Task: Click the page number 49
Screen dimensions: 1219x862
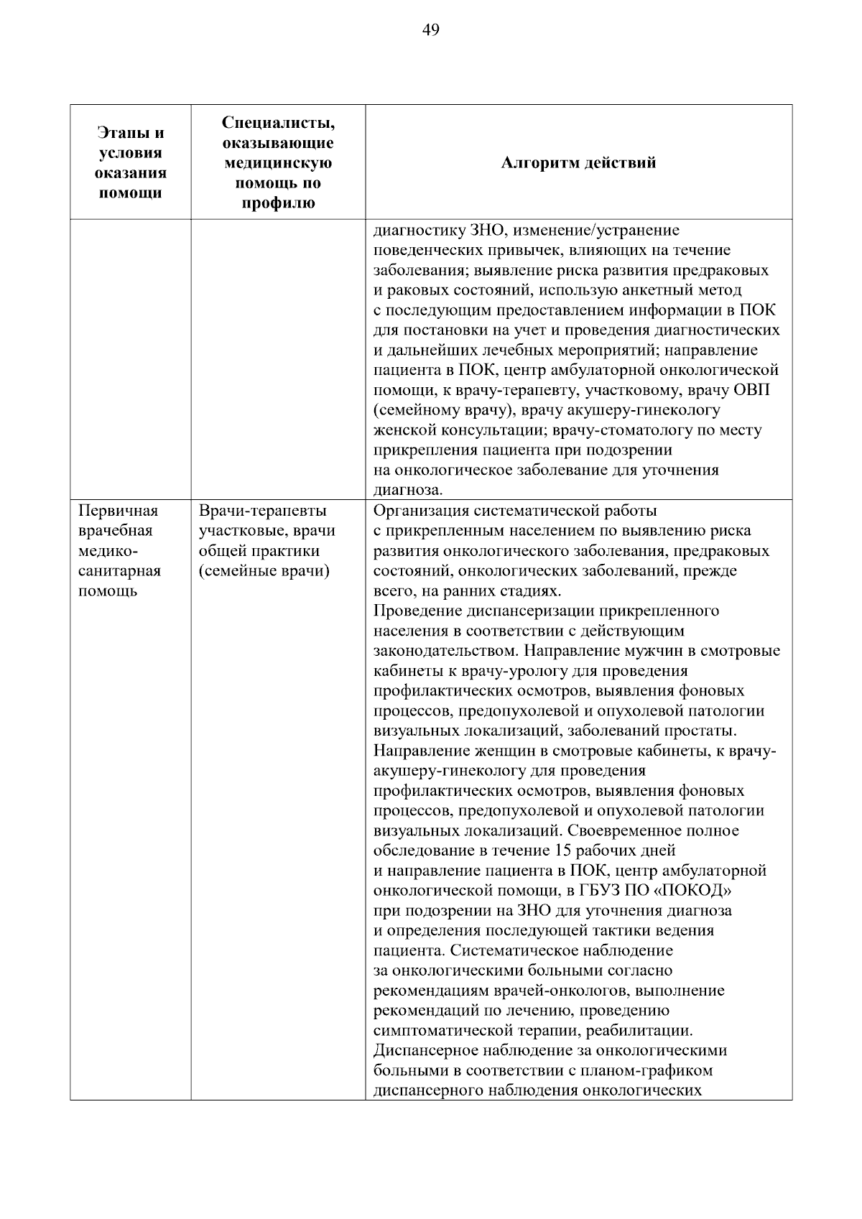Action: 431,29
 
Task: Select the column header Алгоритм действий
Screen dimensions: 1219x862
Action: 578,162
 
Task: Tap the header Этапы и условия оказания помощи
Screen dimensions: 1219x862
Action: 130,162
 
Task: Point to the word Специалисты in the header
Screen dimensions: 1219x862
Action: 279,123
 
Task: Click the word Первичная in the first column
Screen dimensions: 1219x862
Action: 118,511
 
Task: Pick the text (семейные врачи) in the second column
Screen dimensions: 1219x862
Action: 264,571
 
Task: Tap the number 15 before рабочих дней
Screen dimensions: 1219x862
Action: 564,850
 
